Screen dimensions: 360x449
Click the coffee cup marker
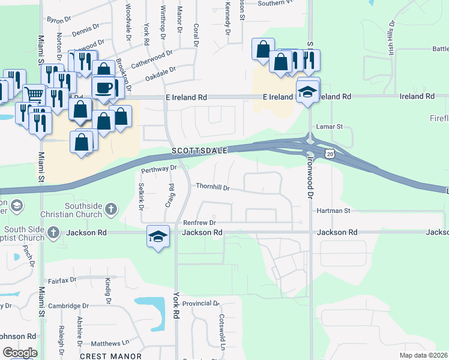tap(103, 88)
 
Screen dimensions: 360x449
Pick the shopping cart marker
tap(34, 94)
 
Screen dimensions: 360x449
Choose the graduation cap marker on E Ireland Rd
tap(308, 92)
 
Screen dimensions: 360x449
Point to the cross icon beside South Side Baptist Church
tap(53, 232)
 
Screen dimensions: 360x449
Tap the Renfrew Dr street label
tap(200, 221)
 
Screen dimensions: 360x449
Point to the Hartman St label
tap(333, 211)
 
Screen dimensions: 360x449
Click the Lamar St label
tap(330, 127)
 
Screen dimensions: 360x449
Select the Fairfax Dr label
tap(62, 280)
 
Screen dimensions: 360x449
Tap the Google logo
tap(20, 353)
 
